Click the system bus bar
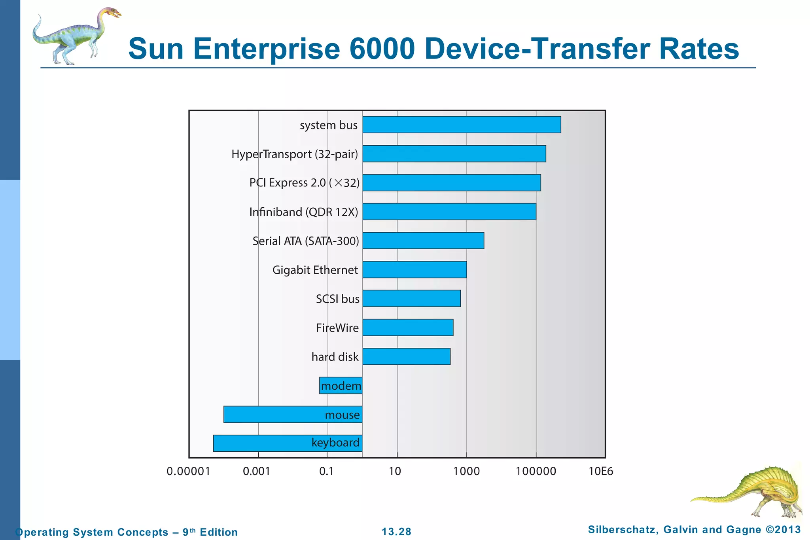point(462,125)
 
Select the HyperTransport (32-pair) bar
point(454,153)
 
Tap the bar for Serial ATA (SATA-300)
point(423,241)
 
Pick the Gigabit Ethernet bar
point(414,269)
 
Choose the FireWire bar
point(408,328)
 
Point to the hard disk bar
point(406,356)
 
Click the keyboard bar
point(261,443)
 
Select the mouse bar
point(273,414)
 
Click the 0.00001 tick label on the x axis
point(188,471)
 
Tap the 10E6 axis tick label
point(601,471)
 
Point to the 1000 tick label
point(466,471)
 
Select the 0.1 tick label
point(326,471)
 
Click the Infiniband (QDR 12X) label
point(303,212)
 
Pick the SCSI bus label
point(337,299)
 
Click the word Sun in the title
point(156,49)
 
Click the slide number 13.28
point(396,532)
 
